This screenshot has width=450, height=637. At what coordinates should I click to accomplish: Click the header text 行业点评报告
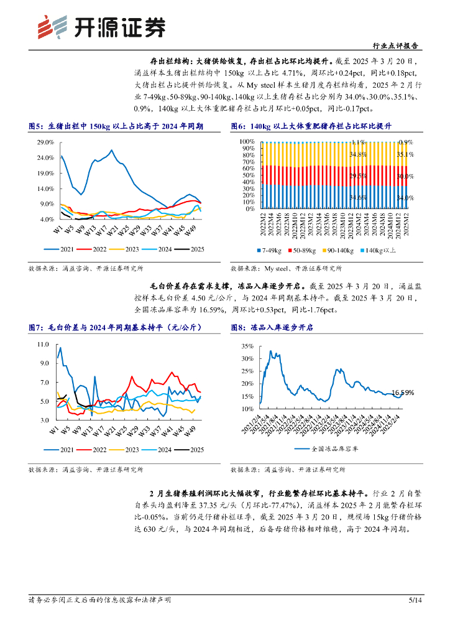pos(394,46)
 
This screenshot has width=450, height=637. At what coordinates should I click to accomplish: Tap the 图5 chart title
pos(117,127)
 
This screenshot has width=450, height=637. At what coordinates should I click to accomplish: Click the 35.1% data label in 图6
pos(405,154)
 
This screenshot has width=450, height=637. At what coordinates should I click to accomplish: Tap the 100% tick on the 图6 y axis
pos(247,142)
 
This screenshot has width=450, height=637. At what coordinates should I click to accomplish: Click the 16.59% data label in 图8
pos(403,393)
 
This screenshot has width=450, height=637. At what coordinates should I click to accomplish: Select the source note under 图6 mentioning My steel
pos(286,269)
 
